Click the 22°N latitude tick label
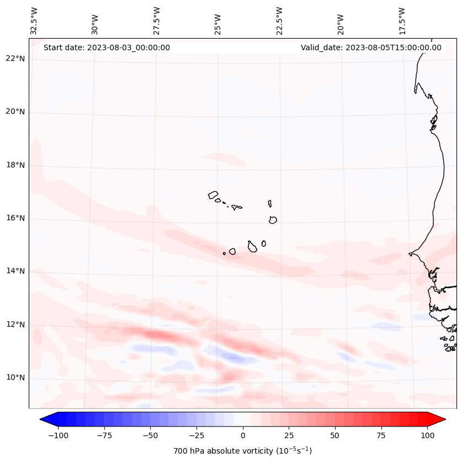(16, 58)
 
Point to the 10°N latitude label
(16, 378)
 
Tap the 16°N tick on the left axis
(16, 218)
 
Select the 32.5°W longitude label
(34, 22)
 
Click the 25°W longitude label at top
(218, 22)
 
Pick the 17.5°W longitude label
(402, 22)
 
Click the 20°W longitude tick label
(341, 22)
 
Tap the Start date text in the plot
(107, 47)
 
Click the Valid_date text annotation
(371, 47)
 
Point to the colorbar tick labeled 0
(243, 435)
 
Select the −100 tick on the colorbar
(58, 435)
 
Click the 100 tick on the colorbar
(428, 435)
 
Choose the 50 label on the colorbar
(335, 435)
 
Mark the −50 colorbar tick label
(150, 435)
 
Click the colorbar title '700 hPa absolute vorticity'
(242, 451)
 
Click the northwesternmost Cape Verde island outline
(214, 195)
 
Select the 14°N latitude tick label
(16, 271)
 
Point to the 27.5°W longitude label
(157, 22)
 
